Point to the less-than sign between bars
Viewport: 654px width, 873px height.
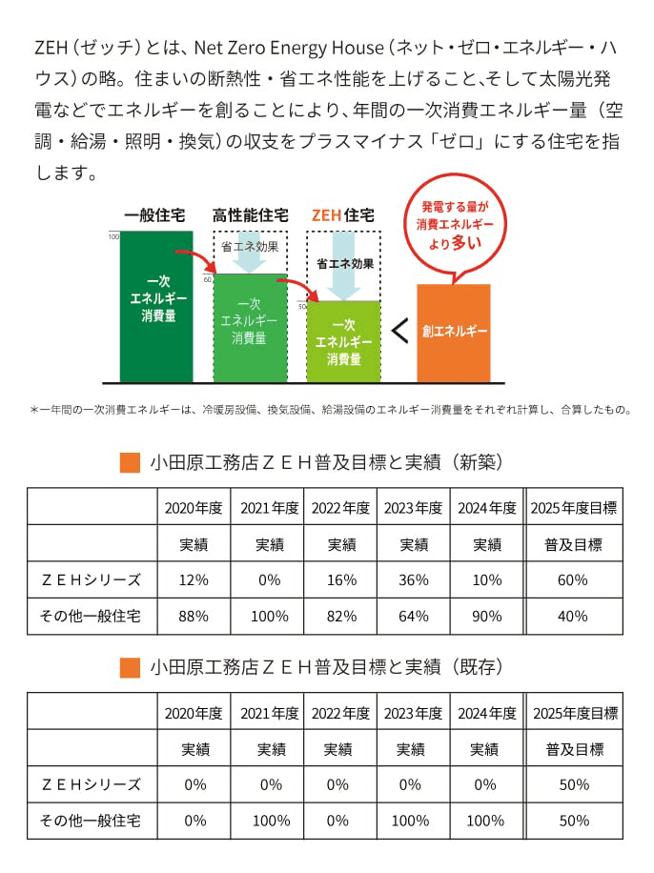pos(399,332)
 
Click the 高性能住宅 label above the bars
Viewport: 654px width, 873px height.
pos(250,214)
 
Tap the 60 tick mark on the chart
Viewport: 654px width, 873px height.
pos(208,280)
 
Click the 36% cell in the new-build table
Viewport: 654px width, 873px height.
pos(414,579)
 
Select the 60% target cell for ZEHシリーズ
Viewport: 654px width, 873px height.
pos(572,579)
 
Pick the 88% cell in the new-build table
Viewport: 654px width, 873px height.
pos(194,616)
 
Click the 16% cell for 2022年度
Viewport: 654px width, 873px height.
pos(341,579)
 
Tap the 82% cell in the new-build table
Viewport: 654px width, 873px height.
pos(341,616)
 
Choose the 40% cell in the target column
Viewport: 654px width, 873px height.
pos(572,616)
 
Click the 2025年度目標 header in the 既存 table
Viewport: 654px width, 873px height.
pos(575,712)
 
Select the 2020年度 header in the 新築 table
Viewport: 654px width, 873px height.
pos(194,507)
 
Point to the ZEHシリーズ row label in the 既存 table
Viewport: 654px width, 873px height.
pos(92,784)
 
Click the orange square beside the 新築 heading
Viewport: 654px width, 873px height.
pos(131,462)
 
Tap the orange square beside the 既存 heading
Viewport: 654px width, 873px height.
pos(131,667)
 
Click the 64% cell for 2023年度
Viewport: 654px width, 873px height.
pos(414,616)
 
